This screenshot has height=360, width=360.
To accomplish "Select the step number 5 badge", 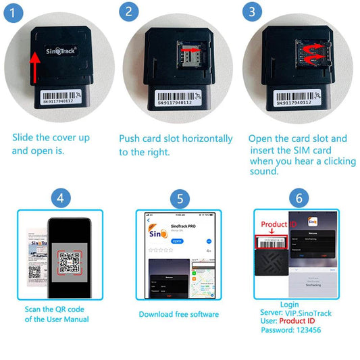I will [x=179, y=199].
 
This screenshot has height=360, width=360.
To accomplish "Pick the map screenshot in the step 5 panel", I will [x=201, y=281].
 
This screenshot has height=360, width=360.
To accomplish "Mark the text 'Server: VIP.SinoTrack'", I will [x=295, y=313].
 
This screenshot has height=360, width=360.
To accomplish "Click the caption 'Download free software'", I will [x=179, y=314].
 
